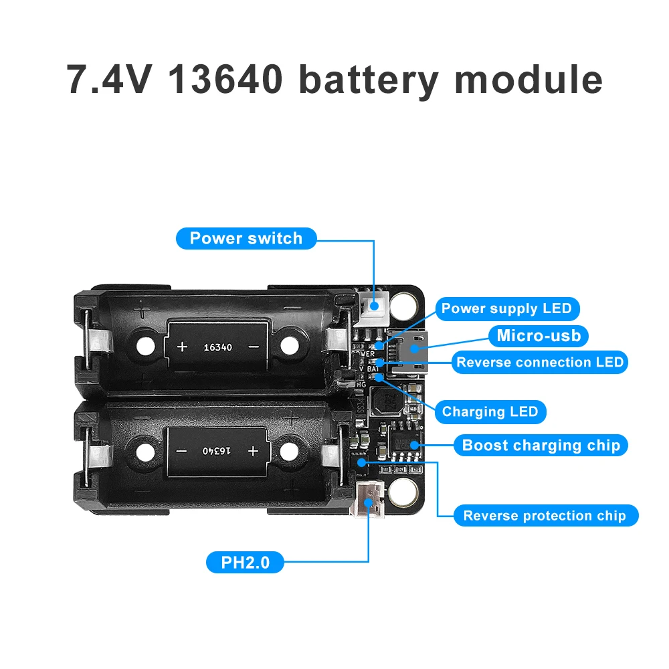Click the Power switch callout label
coord(246,239)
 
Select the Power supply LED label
coord(506,308)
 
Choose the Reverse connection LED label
coord(540,363)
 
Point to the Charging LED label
coord(490,411)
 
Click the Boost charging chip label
coord(541,445)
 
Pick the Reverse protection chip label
coord(545,516)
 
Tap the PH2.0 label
coord(245,563)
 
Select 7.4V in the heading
coord(111,79)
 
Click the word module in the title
coord(529,79)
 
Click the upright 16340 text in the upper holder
coord(217,347)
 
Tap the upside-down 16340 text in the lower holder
coord(217,451)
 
